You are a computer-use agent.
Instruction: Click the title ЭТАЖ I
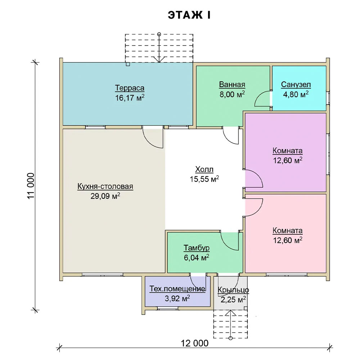[189, 15]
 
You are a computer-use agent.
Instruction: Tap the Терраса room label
[130, 88]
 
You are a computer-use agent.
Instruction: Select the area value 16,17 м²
[130, 98]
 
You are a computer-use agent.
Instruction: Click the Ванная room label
[232, 85]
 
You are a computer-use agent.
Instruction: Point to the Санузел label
[296, 85]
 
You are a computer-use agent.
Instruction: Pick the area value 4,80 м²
[296, 94]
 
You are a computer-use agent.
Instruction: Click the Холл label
[204, 170]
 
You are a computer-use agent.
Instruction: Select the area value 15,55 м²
[204, 179]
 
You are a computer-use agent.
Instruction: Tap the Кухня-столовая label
[105, 186]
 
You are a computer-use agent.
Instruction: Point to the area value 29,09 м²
[105, 196]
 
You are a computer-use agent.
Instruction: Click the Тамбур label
[197, 248]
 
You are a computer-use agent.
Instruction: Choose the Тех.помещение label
[177, 289]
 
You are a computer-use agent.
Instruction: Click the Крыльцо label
[233, 290]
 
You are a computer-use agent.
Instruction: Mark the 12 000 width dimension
[195, 343]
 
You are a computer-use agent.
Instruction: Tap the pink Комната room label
[287, 230]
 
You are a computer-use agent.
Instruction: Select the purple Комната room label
[287, 151]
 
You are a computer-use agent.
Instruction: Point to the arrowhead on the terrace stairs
[159, 60]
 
